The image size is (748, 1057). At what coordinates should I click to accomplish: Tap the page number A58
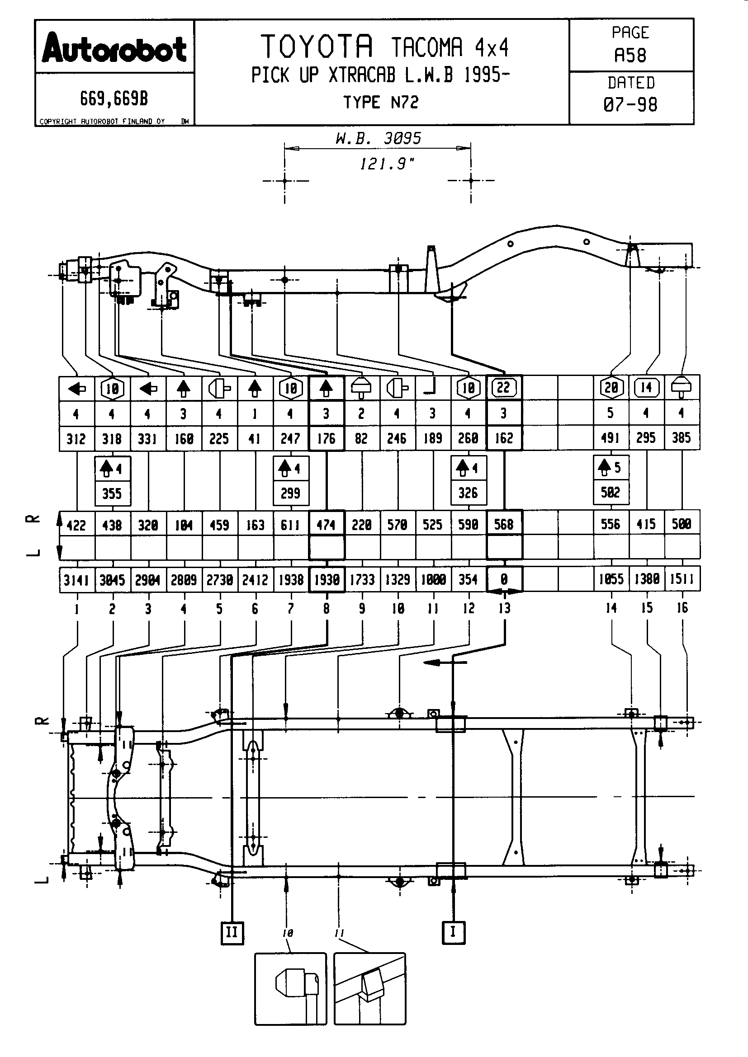click(x=630, y=55)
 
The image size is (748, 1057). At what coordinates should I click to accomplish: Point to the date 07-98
click(x=630, y=105)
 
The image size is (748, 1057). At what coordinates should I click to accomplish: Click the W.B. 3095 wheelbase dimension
click(x=378, y=139)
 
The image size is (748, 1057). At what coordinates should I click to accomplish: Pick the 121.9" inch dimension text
click(x=387, y=164)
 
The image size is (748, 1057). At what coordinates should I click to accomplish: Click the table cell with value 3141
click(x=76, y=580)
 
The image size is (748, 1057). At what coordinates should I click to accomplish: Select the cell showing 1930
click(x=327, y=580)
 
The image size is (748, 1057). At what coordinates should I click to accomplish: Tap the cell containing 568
click(x=504, y=524)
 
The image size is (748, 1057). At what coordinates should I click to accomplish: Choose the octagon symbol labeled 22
click(x=504, y=388)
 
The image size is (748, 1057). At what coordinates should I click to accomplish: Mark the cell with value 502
click(x=611, y=493)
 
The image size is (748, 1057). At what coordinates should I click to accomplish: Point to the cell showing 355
click(x=112, y=493)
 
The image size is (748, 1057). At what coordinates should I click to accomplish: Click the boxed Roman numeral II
click(x=232, y=933)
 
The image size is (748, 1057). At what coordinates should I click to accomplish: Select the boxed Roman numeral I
click(x=453, y=932)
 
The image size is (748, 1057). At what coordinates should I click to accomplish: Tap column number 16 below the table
click(x=682, y=608)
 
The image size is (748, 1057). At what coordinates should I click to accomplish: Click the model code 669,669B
click(x=114, y=99)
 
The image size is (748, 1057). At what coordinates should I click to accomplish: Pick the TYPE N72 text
click(x=381, y=102)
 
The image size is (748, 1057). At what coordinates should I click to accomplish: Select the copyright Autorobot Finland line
click(x=102, y=122)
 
